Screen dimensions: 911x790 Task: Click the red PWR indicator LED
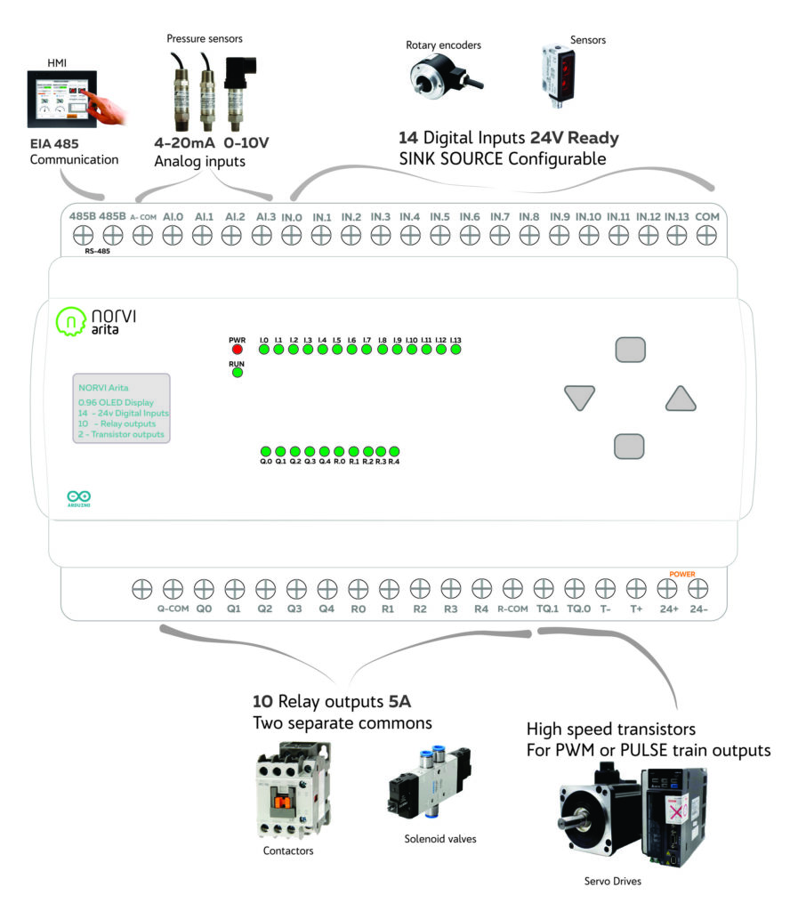237,350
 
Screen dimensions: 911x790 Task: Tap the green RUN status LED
237,373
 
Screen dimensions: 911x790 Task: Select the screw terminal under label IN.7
499,235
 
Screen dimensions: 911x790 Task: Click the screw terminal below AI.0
173,235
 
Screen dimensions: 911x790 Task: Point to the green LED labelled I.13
455,350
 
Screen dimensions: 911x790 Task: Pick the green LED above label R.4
394,452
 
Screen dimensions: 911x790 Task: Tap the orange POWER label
682,574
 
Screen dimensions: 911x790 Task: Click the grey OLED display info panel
121,407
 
